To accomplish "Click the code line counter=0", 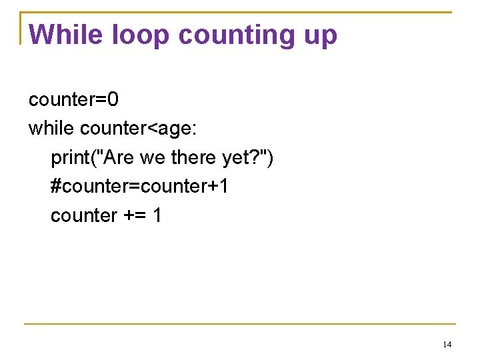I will coord(73,100).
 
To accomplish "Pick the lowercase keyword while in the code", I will coord(51,128).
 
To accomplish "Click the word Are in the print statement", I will coord(119,157).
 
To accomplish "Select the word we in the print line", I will coord(153,158).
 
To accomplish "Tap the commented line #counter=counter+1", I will coord(139,186).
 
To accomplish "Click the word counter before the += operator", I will coord(84,215).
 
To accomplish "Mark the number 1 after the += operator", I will coord(157,215).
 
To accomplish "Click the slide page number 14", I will coord(447,345).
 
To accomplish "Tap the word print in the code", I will coord(72,158).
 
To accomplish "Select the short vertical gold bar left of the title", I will coord(21,28).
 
